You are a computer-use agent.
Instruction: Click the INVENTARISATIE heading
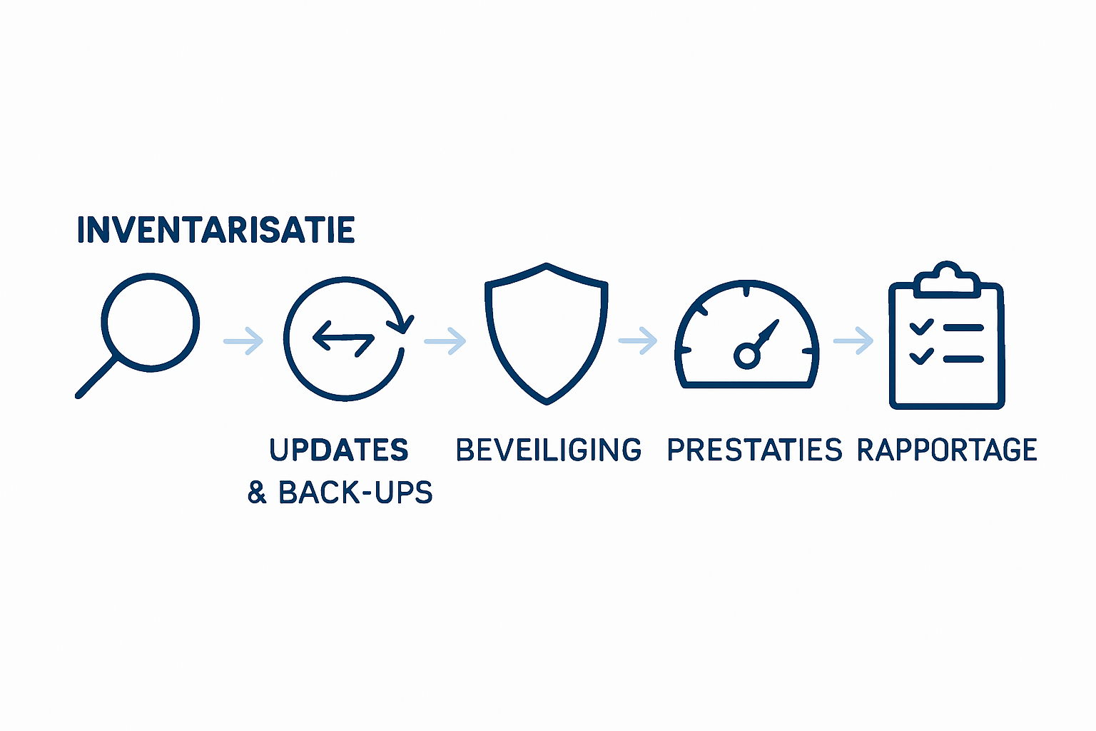pyautogui.click(x=215, y=229)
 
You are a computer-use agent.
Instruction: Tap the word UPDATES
pyautogui.click(x=339, y=450)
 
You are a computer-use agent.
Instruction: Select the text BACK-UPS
pyautogui.click(x=356, y=492)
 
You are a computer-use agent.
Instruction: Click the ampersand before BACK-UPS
pyautogui.click(x=257, y=493)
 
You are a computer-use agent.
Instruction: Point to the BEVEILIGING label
pyautogui.click(x=549, y=450)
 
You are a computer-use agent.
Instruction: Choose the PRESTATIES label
pyautogui.click(x=754, y=450)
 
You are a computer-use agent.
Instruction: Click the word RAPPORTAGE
pyautogui.click(x=948, y=450)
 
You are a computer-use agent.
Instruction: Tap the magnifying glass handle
pyautogui.click(x=96, y=378)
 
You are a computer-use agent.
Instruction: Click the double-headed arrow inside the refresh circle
pyautogui.click(x=343, y=338)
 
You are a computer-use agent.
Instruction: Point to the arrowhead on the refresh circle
pyautogui.click(x=401, y=325)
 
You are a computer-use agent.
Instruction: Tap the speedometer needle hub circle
pyautogui.click(x=746, y=356)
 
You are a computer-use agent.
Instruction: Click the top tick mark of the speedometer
pyautogui.click(x=746, y=291)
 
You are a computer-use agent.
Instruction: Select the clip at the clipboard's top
pyautogui.click(x=947, y=280)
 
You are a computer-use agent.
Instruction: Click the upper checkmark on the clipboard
pyautogui.click(x=921, y=326)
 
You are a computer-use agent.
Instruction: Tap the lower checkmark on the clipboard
pyautogui.click(x=921, y=356)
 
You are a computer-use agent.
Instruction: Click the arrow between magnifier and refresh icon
pyautogui.click(x=243, y=341)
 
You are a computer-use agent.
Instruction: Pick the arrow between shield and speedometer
pyautogui.click(x=638, y=341)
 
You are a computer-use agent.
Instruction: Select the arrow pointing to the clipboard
pyautogui.click(x=853, y=341)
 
